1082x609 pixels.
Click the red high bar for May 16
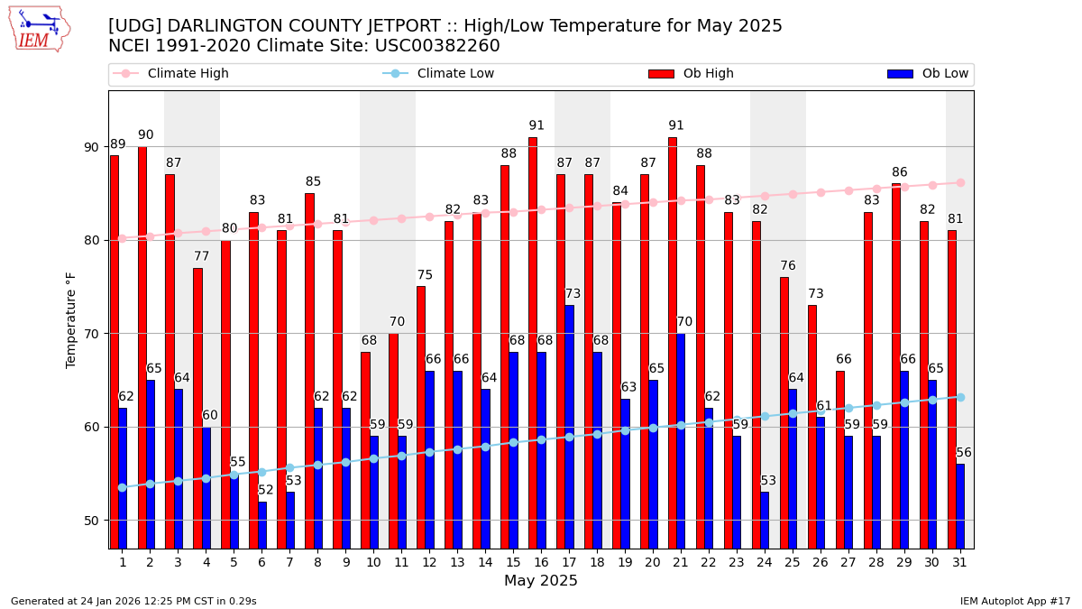[533, 343]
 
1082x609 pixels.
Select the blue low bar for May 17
[569, 427]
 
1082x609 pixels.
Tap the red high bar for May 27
[840, 459]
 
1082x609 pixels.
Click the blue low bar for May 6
[262, 525]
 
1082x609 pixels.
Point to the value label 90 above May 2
[146, 135]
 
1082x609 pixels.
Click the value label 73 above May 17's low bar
[573, 294]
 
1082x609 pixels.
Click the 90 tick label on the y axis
[91, 147]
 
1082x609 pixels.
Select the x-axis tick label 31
[960, 562]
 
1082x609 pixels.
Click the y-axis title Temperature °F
[71, 319]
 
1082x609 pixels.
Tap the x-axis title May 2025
[541, 581]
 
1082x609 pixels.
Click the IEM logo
[39, 28]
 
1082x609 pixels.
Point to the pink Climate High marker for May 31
[960, 182]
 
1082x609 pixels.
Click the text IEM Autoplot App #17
[1014, 601]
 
